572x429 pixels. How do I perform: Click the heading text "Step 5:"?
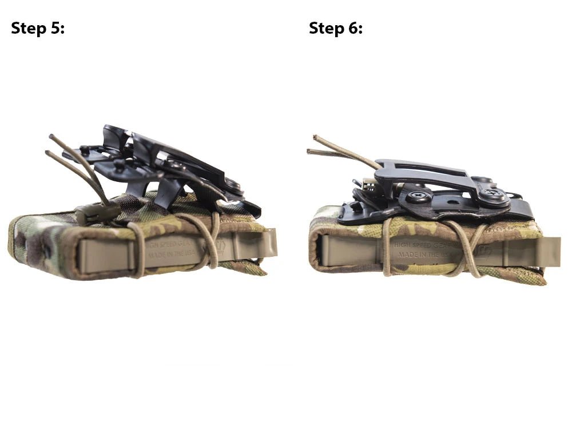tap(38, 28)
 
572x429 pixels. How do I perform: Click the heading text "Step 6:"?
tap(336, 28)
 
